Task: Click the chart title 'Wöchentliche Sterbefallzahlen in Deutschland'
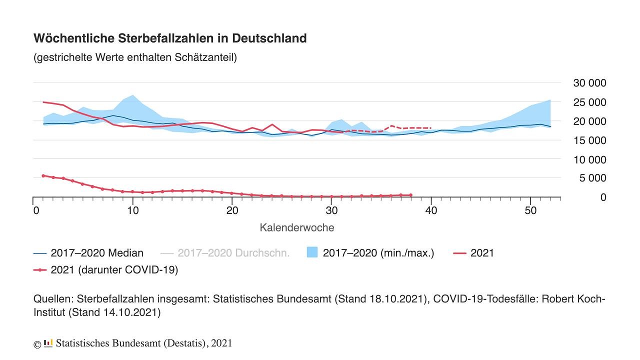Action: (x=169, y=38)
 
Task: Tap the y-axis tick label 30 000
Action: (x=588, y=83)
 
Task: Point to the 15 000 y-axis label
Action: (x=588, y=140)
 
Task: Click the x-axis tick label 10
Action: (x=132, y=210)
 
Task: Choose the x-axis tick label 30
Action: (x=331, y=210)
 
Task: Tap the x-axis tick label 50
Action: (x=530, y=210)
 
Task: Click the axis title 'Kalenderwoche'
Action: (x=296, y=227)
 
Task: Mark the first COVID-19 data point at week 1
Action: (x=43, y=175)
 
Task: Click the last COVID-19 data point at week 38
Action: (x=410, y=195)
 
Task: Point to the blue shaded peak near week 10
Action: (x=132, y=95)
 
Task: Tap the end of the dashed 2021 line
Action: (x=430, y=128)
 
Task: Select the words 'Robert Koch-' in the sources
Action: (x=578, y=299)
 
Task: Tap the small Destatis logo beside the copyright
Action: (x=48, y=343)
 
